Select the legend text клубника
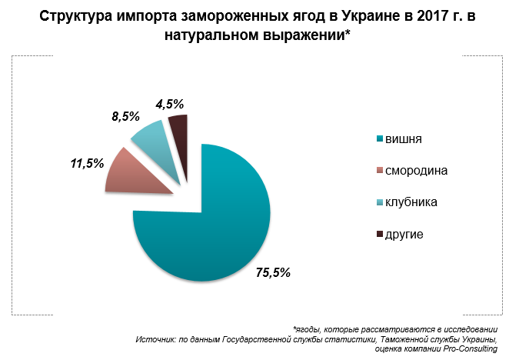click(411, 202)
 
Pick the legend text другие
click(404, 234)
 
